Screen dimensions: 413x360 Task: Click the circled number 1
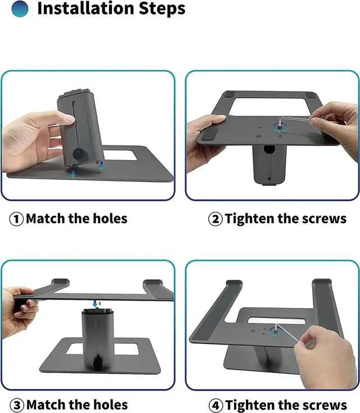click(x=16, y=219)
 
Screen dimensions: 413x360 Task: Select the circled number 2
click(x=215, y=219)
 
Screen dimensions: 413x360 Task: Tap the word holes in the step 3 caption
click(x=109, y=405)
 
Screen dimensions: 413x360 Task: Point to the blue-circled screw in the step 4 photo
click(x=276, y=332)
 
